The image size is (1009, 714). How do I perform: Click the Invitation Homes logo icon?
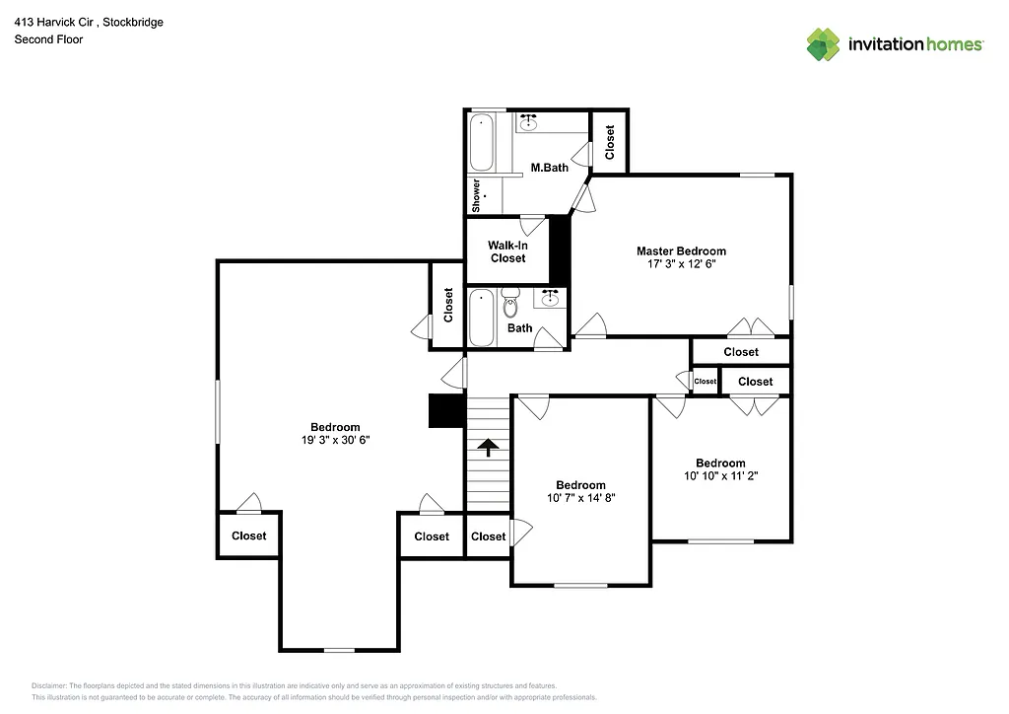click(823, 44)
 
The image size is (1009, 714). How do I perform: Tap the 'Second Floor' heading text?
click(48, 39)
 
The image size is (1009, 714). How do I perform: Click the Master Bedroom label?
click(681, 251)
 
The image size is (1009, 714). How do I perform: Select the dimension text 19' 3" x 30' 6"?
click(336, 440)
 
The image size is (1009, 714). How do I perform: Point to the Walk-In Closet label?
click(508, 251)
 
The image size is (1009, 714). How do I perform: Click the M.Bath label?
click(550, 168)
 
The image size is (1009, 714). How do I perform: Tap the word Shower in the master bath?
click(476, 195)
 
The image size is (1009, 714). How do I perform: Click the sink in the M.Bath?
click(529, 122)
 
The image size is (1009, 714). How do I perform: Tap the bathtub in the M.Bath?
click(482, 143)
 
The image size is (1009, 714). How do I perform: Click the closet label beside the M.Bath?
click(610, 142)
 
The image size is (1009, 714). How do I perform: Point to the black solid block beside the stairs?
click(446, 411)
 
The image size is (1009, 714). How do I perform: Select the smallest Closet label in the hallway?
click(706, 382)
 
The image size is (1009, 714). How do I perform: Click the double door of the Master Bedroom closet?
click(750, 328)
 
